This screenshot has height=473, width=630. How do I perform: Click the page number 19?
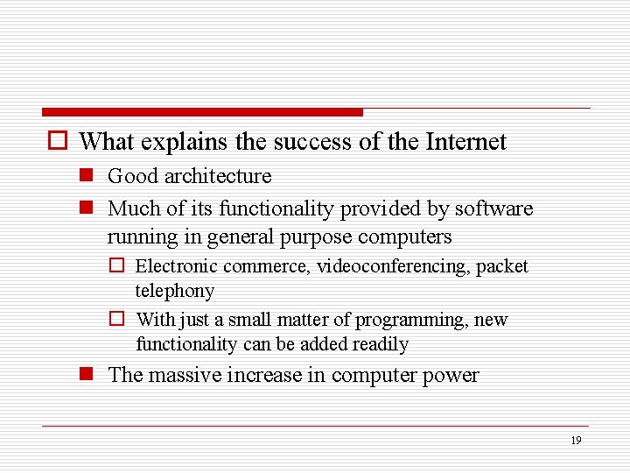pyautogui.click(x=575, y=441)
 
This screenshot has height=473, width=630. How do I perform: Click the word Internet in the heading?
pyautogui.click(x=465, y=142)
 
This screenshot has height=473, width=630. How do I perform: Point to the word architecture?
pyautogui.click(x=217, y=176)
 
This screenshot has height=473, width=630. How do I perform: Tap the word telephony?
pyautogui.click(x=174, y=291)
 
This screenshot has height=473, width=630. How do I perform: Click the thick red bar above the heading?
pyautogui.click(x=202, y=112)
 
